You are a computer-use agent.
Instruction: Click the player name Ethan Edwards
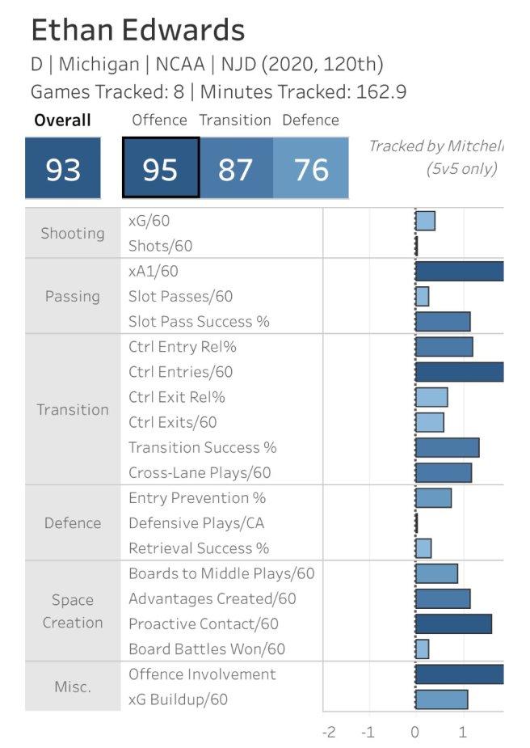[137, 31]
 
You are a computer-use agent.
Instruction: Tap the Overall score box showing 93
[62, 169]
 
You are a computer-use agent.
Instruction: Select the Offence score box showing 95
[161, 168]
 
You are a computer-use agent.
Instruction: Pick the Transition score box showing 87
[235, 169]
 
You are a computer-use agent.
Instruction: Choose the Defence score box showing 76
[311, 169]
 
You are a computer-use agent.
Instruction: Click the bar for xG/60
[425, 221]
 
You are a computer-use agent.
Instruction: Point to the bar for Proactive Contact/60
[453, 623]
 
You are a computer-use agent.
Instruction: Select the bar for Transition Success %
[447, 447]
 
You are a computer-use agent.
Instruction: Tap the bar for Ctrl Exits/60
[429, 422]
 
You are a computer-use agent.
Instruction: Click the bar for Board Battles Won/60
[422, 649]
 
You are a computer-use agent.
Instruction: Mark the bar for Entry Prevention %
[433, 497]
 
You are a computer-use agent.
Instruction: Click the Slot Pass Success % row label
[199, 321]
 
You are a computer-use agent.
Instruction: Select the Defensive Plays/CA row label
[196, 522]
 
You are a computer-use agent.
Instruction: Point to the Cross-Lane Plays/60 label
[200, 472]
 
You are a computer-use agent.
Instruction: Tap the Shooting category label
[73, 233]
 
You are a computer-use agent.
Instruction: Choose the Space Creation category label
[73, 611]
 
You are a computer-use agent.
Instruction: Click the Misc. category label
[73, 687]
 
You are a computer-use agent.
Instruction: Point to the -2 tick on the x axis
[328, 732]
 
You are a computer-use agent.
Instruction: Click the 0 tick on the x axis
[415, 732]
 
